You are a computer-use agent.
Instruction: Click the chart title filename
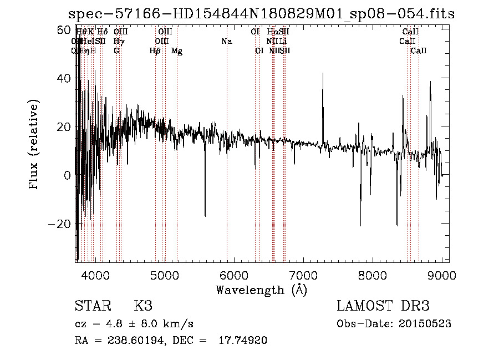tap(261, 14)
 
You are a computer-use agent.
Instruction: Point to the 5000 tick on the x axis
tap(165, 273)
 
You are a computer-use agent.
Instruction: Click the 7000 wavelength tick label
tap(303, 273)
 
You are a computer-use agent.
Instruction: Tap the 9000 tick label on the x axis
tap(442, 273)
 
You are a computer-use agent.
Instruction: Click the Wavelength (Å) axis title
tap(261, 290)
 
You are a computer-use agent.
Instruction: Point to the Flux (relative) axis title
tap(34, 144)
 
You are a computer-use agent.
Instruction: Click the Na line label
tap(226, 41)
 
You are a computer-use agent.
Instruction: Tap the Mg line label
tap(177, 51)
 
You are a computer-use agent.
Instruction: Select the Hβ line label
tap(155, 51)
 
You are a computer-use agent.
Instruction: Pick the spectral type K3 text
tap(143, 306)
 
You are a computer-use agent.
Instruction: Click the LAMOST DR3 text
tap(383, 306)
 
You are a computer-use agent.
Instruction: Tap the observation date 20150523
tap(426, 323)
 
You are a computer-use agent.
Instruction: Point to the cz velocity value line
tap(134, 323)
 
